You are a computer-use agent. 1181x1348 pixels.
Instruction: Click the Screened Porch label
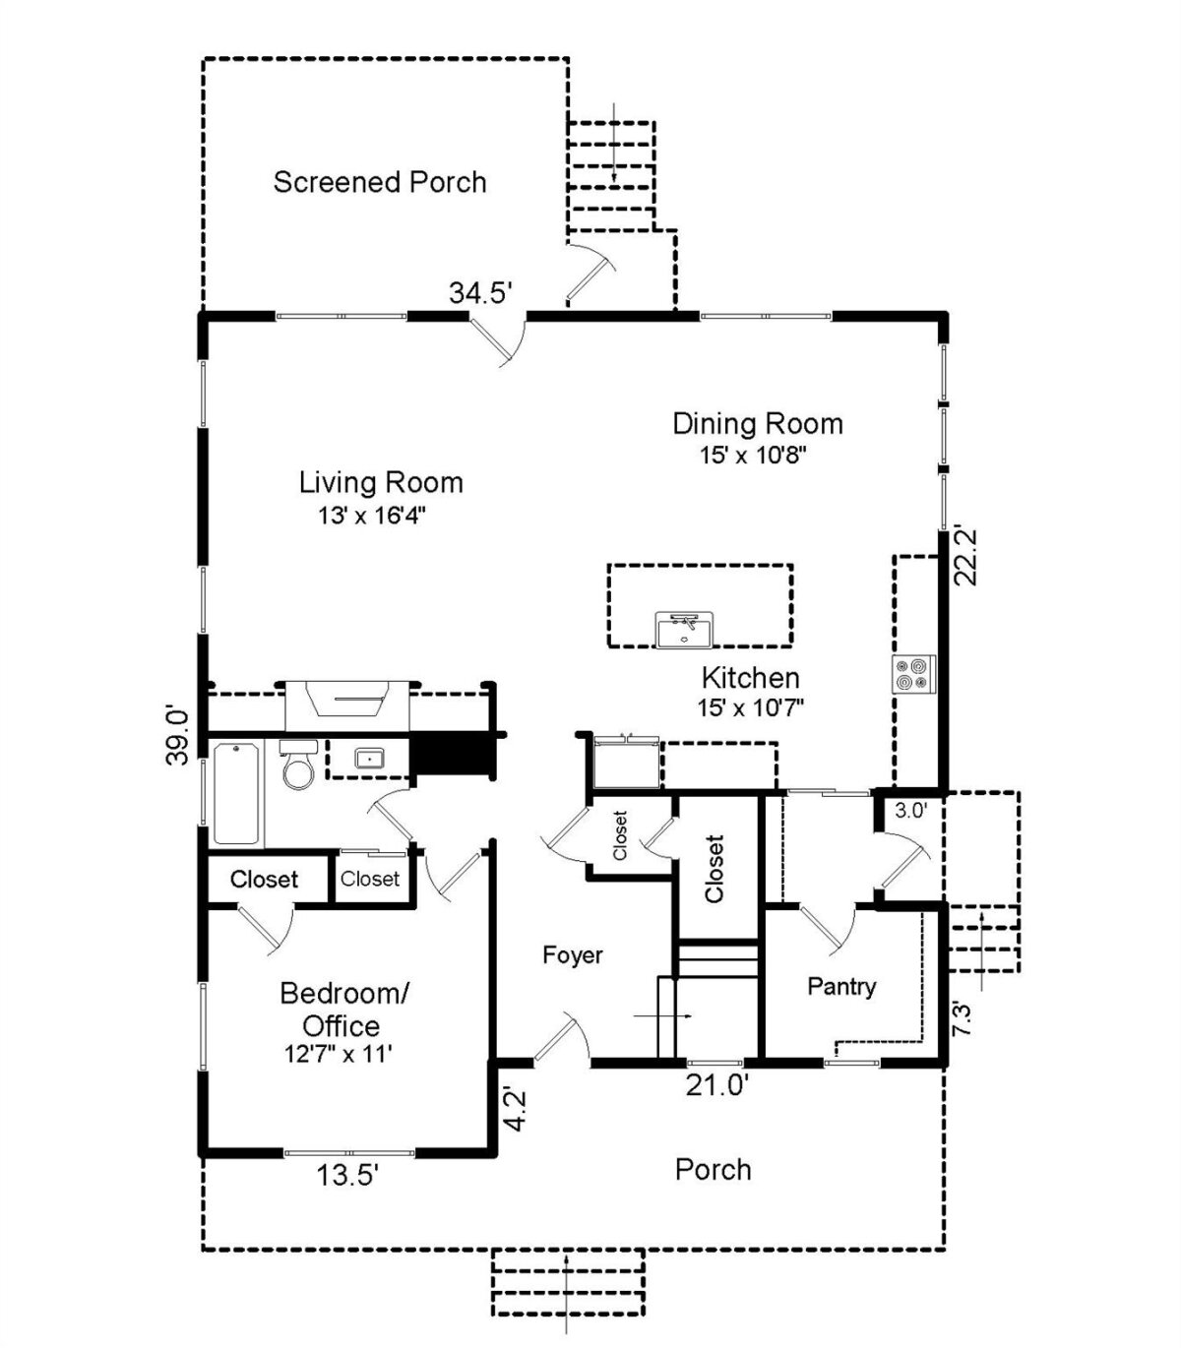(380, 182)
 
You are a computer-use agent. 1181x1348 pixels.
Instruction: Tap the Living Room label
(381, 482)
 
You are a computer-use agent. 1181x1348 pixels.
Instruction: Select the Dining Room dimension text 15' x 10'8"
(754, 455)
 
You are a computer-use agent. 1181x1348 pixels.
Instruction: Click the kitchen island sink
(685, 629)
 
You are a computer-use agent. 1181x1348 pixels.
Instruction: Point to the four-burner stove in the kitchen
(914, 674)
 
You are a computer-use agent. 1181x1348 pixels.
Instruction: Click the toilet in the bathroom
(298, 765)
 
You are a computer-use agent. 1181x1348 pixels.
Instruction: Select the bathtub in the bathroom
(235, 793)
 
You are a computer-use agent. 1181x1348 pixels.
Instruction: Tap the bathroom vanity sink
(370, 759)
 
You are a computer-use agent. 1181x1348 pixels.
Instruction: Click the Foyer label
(573, 954)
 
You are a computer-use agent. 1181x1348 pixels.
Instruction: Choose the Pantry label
(841, 986)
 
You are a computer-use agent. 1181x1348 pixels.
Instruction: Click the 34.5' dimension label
(481, 292)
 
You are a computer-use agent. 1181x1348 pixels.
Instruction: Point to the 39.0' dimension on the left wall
(176, 736)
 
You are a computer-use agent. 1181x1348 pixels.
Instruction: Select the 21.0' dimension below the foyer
(717, 1085)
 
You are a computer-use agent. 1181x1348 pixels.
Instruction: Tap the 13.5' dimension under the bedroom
(347, 1175)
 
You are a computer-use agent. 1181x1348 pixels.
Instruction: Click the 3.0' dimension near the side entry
(910, 811)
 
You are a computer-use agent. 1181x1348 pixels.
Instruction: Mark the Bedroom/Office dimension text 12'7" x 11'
(339, 1054)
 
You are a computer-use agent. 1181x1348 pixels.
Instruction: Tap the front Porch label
(714, 1170)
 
